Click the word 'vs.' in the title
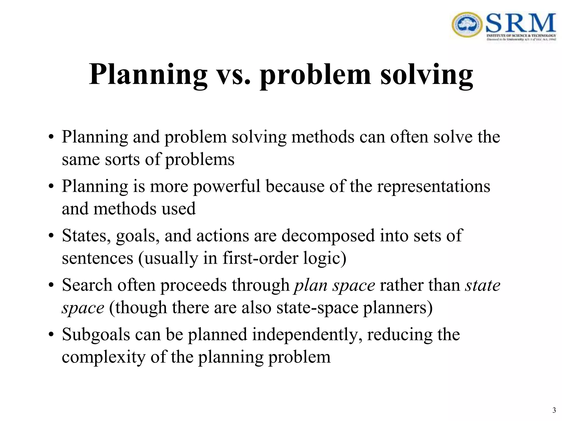click(x=234, y=75)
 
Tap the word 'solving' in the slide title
click(x=426, y=75)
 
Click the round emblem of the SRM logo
click(x=467, y=25)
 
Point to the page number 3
click(x=554, y=410)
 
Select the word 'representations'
click(x=434, y=186)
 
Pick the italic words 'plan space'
click(x=334, y=285)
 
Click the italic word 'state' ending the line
click(x=483, y=285)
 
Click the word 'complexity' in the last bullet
click(x=103, y=357)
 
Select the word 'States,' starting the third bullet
click(x=86, y=236)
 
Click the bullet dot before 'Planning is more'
click(x=51, y=187)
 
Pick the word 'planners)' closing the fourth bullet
click(x=398, y=308)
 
